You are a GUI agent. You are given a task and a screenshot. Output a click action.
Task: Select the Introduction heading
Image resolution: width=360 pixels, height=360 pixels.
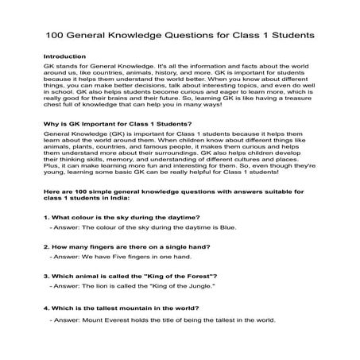(64, 57)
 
